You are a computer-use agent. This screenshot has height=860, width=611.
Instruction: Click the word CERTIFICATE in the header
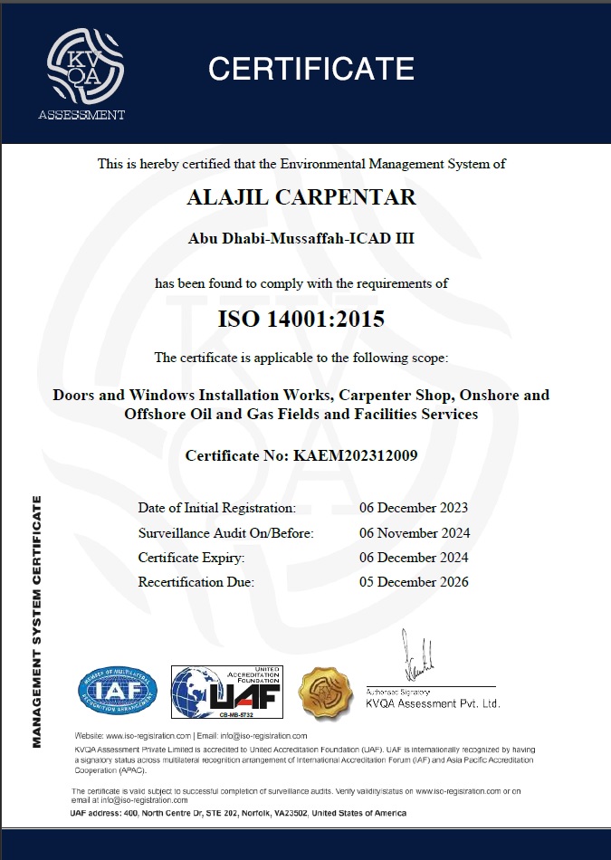coord(310,68)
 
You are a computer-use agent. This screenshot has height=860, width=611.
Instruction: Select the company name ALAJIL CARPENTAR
coord(301,198)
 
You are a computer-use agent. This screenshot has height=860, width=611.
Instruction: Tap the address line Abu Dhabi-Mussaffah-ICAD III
coord(301,239)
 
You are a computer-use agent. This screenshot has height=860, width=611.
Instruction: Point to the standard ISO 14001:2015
coord(301,319)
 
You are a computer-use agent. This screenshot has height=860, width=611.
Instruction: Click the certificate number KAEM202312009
coord(301,455)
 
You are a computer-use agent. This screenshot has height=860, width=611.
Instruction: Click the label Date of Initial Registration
coord(216,508)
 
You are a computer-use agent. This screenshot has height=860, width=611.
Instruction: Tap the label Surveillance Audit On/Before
coord(225,532)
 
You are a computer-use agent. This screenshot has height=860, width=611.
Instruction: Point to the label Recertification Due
coord(196,581)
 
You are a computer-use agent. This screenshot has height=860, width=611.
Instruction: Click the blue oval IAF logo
coord(117,693)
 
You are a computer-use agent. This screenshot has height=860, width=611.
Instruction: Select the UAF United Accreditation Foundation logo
coord(227,693)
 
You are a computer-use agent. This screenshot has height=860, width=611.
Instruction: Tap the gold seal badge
coord(325,692)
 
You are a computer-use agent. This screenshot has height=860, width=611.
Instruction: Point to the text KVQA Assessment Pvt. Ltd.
coord(433,703)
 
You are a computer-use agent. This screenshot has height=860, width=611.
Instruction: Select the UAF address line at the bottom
coord(238,813)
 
